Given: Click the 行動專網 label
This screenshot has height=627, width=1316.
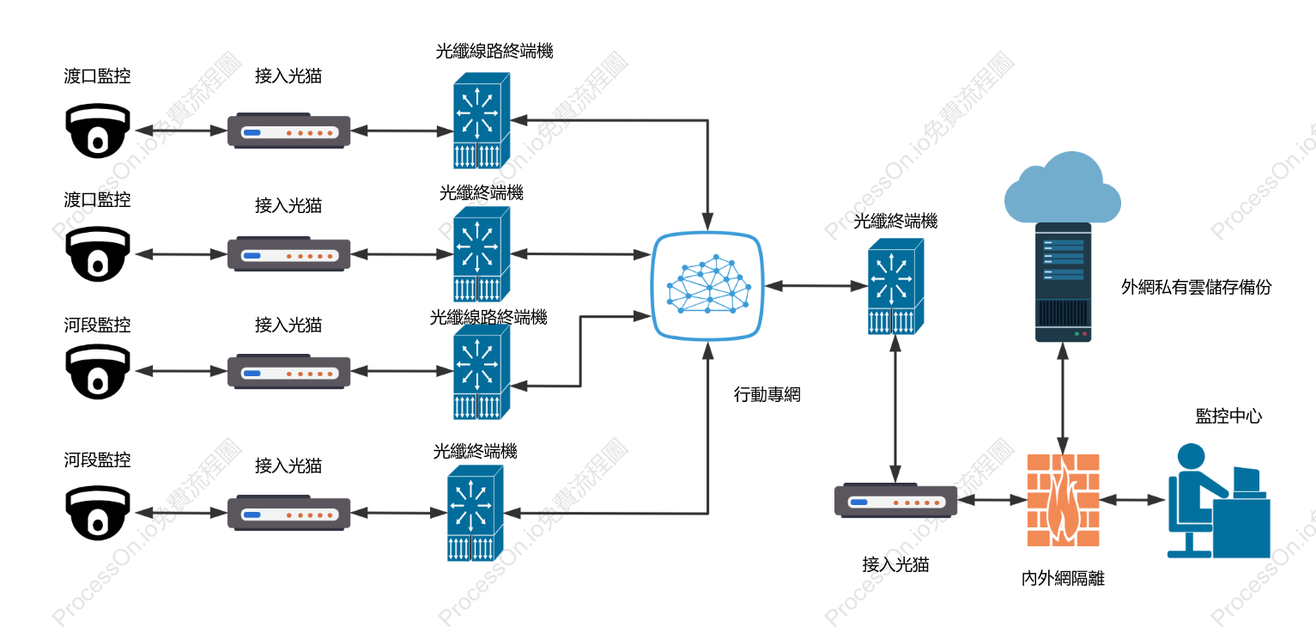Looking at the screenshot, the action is [767, 394].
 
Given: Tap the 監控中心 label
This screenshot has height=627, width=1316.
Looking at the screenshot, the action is [1228, 416].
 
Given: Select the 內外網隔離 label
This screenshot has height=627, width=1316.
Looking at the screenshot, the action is [1063, 578].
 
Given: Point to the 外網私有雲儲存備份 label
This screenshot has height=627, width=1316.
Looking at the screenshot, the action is [1196, 287].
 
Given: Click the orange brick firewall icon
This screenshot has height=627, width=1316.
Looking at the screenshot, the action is [1063, 500].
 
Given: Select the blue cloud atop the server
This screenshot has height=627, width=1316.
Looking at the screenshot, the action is [1062, 187].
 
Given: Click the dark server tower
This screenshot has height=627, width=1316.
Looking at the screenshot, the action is [1063, 282].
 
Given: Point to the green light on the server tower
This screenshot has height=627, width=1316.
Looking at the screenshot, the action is [1076, 334].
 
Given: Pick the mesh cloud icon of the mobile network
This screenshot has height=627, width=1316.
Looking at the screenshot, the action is [708, 286].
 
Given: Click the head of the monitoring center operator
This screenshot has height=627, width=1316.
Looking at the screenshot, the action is [1191, 457].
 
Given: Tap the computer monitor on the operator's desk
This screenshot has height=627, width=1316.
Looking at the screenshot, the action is [1246, 481].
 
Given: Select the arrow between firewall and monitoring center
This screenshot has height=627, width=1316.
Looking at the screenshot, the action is [1132, 500].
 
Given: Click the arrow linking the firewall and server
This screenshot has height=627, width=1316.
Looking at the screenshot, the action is [1063, 398].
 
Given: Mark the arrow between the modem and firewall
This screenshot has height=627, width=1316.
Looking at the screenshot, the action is [992, 500].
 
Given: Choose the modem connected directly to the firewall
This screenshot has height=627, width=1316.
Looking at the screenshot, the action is [896, 502].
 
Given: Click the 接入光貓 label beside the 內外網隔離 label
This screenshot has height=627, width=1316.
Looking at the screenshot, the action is [895, 564].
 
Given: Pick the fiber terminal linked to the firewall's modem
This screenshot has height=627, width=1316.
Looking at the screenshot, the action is [895, 286].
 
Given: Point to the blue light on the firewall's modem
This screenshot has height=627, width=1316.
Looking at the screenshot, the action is [859, 502].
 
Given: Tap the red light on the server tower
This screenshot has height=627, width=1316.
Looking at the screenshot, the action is [1084, 334].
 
